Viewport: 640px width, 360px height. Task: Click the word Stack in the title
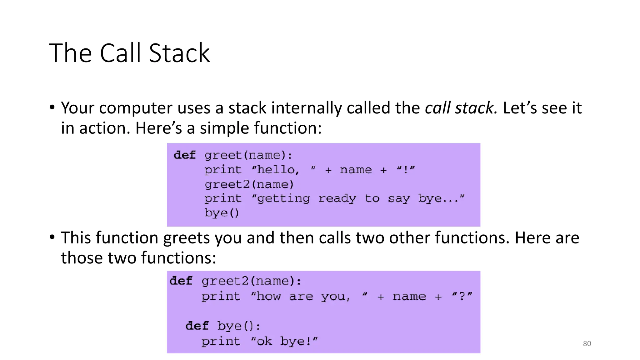[179, 53]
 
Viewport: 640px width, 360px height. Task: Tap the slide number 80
[587, 343]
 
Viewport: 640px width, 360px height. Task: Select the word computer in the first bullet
[136, 108]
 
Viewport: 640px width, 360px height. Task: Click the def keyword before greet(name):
[185, 155]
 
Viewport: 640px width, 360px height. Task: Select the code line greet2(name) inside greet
[249, 184]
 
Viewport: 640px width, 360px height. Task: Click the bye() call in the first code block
[222, 213]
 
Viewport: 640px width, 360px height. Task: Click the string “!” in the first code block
[406, 170]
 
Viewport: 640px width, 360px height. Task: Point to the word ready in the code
[337, 198]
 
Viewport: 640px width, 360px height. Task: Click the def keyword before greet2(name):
[181, 281]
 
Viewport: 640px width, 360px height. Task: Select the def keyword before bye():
[197, 326]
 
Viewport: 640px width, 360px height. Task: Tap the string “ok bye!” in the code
[284, 341]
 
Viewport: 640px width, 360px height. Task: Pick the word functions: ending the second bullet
[178, 258]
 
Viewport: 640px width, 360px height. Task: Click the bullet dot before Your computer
[52, 107]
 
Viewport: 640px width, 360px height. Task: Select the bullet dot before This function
[52, 237]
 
